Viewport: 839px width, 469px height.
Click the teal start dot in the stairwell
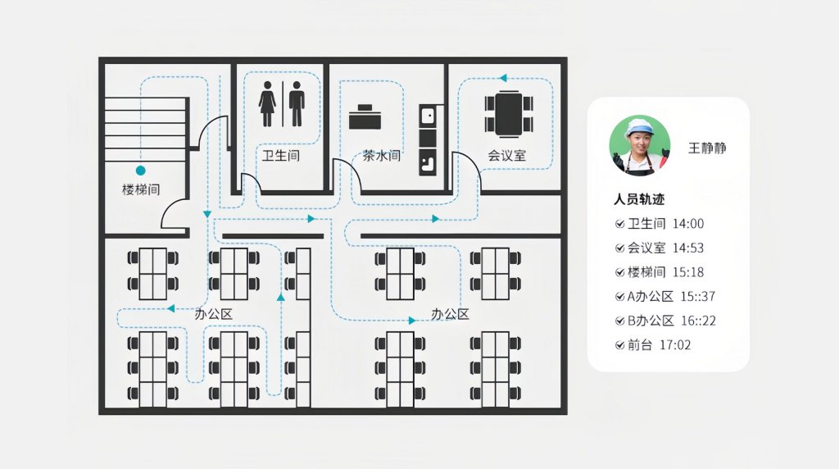click(140, 171)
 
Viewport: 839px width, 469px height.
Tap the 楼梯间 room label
click(140, 189)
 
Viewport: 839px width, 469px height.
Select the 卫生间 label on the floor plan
click(280, 155)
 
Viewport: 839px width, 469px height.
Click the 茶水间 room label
click(382, 155)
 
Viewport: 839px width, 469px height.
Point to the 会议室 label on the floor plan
click(506, 155)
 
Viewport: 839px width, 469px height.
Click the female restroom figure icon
click(268, 103)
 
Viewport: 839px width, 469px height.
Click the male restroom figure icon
click(297, 103)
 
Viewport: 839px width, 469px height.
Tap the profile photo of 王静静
click(639, 146)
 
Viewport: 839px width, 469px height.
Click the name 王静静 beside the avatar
click(706, 148)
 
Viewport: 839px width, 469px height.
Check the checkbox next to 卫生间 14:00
click(619, 224)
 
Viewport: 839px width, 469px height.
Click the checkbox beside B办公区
click(619, 321)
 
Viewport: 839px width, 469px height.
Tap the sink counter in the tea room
click(427, 139)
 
